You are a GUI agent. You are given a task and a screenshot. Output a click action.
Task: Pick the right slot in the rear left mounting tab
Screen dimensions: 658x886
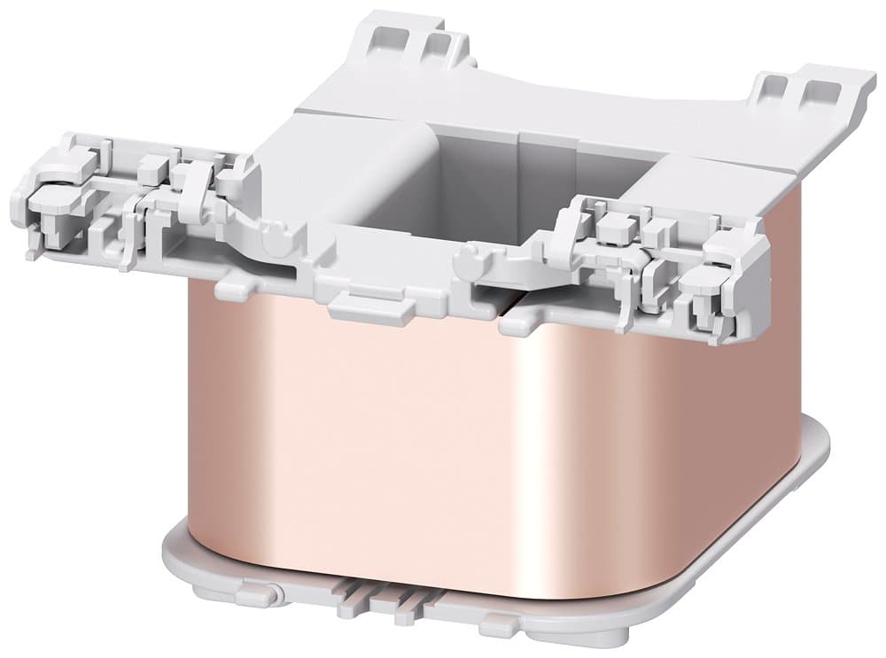(434, 45)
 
